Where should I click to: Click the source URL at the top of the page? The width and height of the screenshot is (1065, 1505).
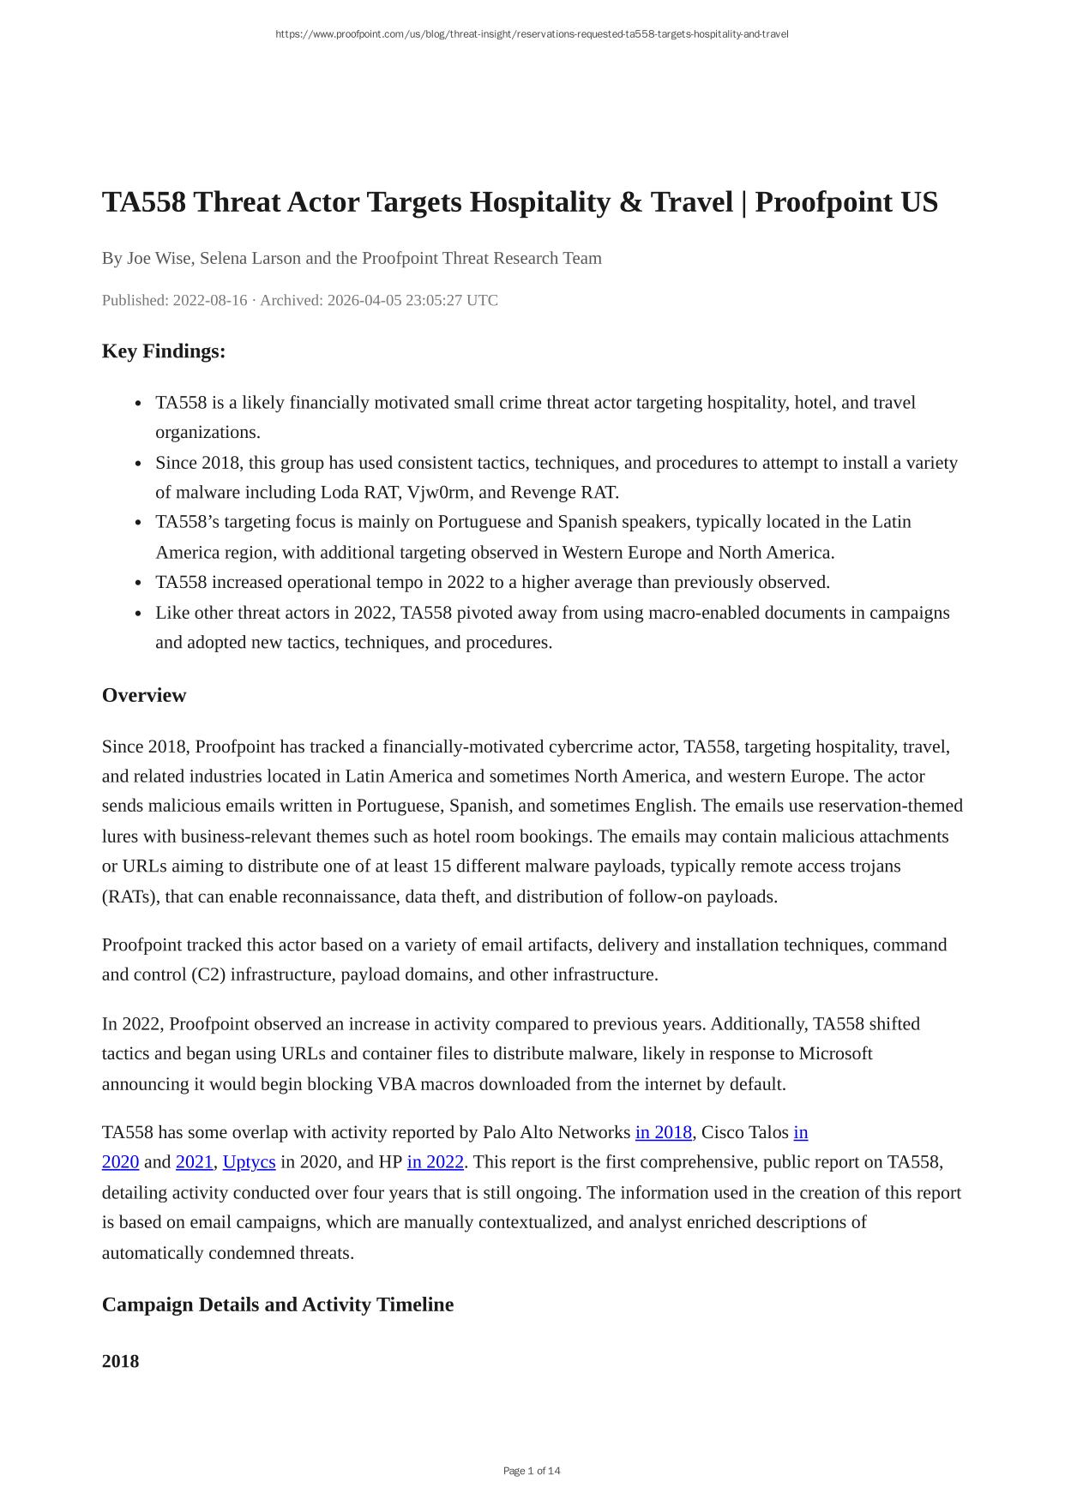point(532,34)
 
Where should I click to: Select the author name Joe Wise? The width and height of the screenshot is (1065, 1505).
point(159,259)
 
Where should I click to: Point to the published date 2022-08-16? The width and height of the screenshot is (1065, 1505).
point(209,301)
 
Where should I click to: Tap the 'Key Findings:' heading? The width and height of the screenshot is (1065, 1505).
point(164,351)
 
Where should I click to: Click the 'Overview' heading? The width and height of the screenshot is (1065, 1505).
point(144,695)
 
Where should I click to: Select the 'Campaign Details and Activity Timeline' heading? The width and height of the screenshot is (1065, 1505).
point(278,1304)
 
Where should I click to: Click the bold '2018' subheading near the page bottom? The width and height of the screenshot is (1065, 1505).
point(120,1361)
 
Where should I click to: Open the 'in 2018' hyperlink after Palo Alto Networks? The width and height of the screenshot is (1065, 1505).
point(663,1133)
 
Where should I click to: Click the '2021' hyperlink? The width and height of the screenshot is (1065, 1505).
point(194,1163)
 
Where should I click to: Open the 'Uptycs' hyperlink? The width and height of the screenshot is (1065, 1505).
point(249,1163)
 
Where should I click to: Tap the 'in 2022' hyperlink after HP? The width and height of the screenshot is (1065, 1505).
point(435,1163)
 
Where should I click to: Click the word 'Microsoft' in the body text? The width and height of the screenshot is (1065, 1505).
point(835,1053)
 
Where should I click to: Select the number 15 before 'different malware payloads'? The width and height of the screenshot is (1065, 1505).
point(442,866)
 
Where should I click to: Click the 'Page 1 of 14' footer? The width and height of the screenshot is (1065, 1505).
point(532,1471)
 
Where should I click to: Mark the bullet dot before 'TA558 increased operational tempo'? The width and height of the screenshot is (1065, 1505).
point(139,584)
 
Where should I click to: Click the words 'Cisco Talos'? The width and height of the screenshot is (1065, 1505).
point(744,1133)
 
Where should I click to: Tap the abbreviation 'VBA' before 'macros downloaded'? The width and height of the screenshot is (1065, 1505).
point(396,1084)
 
